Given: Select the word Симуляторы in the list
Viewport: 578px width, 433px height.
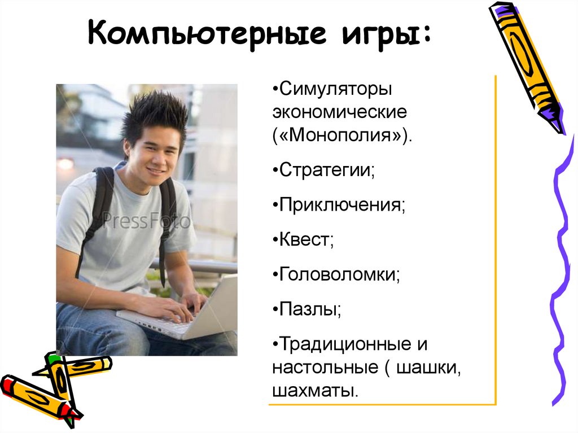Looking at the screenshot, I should coord(335,89).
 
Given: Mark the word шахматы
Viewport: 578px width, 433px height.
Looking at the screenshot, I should coord(315,391).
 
